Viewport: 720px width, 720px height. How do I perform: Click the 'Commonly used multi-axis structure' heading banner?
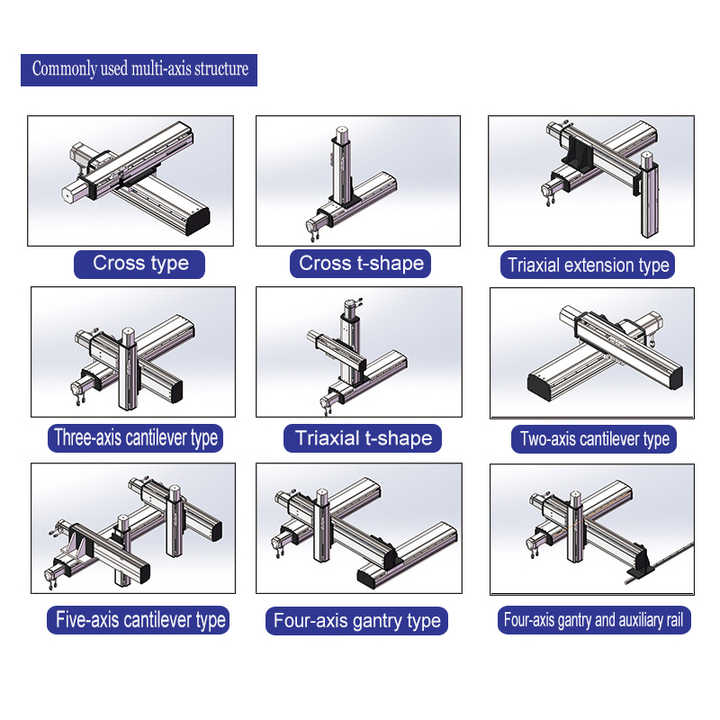tap(139, 69)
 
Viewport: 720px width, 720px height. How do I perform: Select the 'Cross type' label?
tap(140, 264)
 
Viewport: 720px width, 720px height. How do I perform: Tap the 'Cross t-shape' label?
tap(361, 264)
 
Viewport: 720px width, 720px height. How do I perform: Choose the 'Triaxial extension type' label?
tap(588, 265)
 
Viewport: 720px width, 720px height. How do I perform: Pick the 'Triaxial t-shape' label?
tap(363, 438)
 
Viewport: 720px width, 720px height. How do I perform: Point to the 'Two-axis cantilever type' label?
tap(594, 439)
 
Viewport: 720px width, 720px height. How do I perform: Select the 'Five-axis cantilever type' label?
tap(138, 619)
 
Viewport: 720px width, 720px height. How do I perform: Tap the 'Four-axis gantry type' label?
tap(357, 621)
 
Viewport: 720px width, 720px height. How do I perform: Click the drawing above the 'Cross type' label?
tap(130, 180)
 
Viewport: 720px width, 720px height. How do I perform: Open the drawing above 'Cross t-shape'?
tap(358, 180)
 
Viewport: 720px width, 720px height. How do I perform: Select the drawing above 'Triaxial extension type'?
tap(590, 180)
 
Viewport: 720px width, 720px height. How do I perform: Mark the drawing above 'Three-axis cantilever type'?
tap(133, 351)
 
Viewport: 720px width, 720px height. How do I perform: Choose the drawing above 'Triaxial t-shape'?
tap(358, 351)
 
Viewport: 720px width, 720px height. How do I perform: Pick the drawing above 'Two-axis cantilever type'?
tap(591, 352)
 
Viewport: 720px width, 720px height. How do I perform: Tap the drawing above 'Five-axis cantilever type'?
tap(133, 528)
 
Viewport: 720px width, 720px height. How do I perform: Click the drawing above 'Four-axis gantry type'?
tap(358, 528)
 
